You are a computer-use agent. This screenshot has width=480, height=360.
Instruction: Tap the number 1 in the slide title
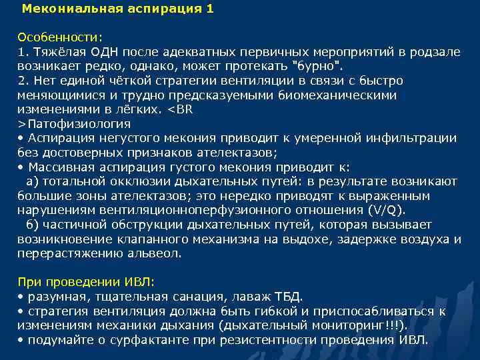coord(211,9)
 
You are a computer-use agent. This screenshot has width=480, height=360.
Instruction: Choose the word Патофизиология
coord(77,124)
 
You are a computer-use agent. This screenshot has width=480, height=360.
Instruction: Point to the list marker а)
coord(33,181)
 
